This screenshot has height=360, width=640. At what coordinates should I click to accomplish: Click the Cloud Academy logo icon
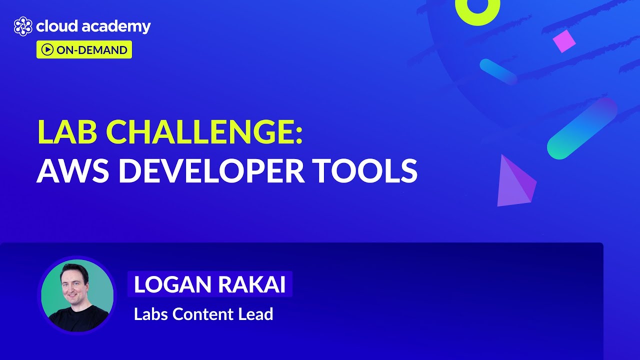23,26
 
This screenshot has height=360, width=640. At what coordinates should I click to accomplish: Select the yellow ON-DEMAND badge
84,49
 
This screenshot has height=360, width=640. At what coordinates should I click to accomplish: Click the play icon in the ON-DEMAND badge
47,49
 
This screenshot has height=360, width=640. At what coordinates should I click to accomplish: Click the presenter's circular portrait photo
77,295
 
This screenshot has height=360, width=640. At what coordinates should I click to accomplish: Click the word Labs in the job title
151,314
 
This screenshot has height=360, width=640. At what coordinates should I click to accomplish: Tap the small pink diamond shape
564,41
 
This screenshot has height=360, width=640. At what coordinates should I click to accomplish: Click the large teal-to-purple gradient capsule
582,128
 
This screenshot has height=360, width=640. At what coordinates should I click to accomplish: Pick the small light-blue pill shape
498,71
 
